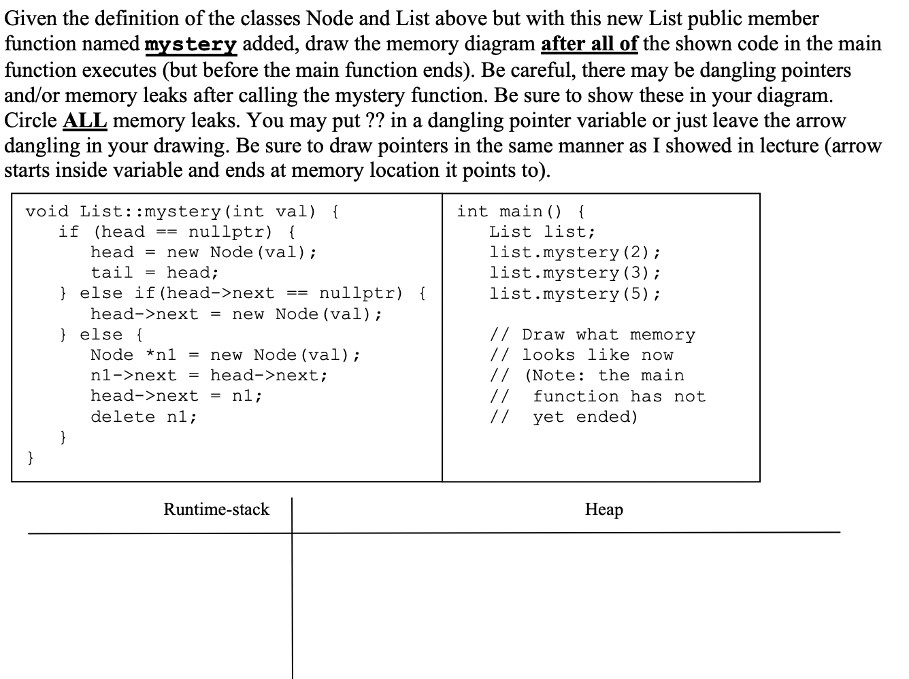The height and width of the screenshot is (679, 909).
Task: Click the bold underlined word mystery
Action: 191,45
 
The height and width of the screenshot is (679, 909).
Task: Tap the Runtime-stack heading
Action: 216,509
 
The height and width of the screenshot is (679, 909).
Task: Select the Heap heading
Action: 604,509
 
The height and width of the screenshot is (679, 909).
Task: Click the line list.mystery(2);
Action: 574,252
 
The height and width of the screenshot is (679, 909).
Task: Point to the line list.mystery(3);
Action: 574,273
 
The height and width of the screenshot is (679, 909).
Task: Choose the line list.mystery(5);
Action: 574,294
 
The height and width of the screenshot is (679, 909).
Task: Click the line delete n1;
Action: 144,416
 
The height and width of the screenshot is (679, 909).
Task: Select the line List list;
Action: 542,232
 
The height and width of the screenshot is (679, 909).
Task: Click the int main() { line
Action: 520,212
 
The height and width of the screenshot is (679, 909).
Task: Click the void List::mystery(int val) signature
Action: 171,212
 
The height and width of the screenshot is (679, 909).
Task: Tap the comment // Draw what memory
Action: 593,335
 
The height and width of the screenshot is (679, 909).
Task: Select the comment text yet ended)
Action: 585,416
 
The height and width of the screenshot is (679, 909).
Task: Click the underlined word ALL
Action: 84,120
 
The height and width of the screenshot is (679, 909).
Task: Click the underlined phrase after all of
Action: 589,45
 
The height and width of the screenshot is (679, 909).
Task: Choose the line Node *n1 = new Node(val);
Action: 225,355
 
